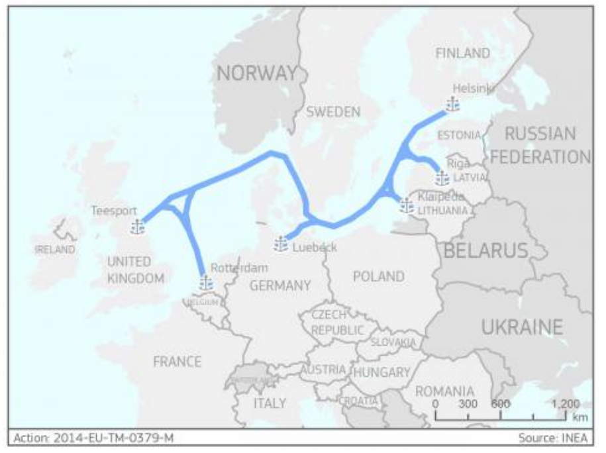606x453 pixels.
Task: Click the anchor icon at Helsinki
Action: pyautogui.click(x=452, y=105)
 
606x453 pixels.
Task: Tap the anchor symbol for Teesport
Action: pyautogui.click(x=137, y=227)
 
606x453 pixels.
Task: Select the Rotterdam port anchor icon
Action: pyautogui.click(x=206, y=283)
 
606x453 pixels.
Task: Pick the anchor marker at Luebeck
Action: pyautogui.click(x=281, y=244)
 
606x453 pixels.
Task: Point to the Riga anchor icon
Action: pyautogui.click(x=442, y=178)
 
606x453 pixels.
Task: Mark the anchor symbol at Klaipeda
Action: pyautogui.click(x=407, y=206)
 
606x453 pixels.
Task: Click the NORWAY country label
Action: pyautogui.click(x=257, y=75)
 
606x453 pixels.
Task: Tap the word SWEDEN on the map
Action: pyautogui.click(x=333, y=112)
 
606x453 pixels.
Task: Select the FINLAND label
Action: pyautogui.click(x=463, y=53)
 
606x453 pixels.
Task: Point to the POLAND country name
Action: pyautogui.click(x=378, y=276)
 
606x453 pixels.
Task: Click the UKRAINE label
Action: pyautogui.click(x=522, y=327)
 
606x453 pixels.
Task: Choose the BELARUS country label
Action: pyautogui.click(x=485, y=250)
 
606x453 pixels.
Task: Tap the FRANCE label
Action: pyautogui.click(x=177, y=362)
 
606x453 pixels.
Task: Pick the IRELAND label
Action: pyautogui.click(x=54, y=250)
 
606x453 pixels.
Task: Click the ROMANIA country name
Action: pyautogui.click(x=444, y=391)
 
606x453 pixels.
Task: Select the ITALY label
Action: pyautogui.click(x=270, y=403)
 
